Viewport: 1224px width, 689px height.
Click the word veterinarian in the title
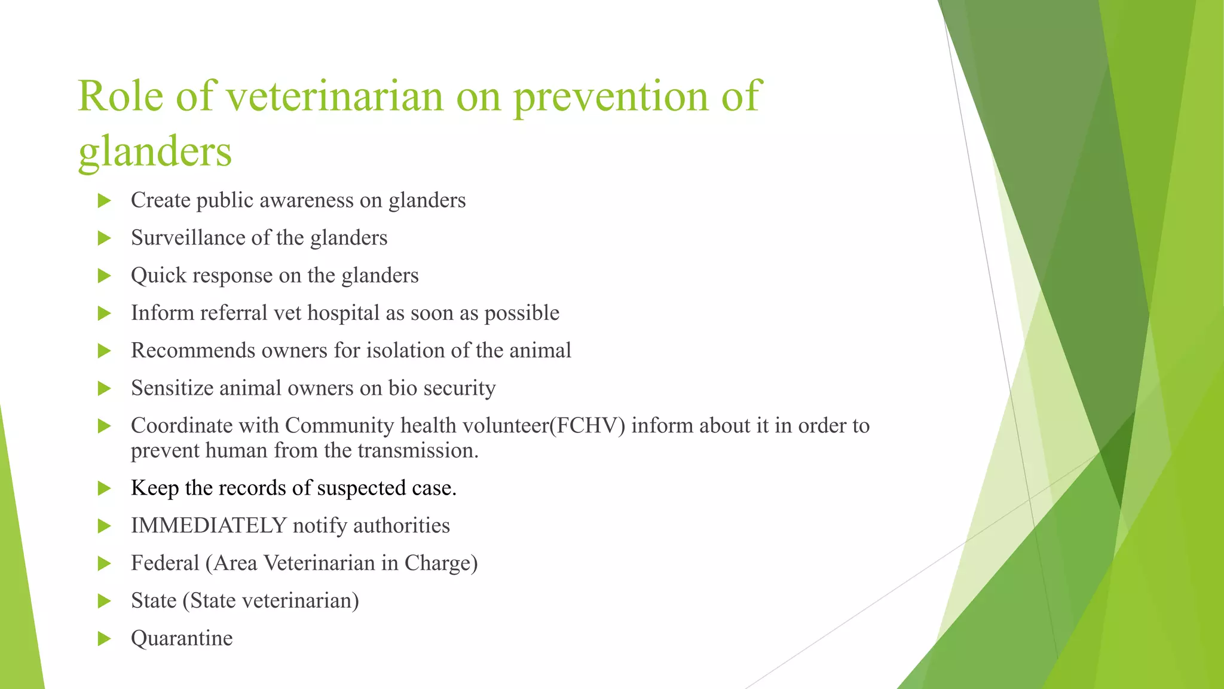click(334, 96)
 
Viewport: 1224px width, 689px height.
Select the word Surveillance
click(188, 238)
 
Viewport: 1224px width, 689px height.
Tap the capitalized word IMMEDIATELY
click(209, 526)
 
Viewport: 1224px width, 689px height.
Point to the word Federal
click(164, 563)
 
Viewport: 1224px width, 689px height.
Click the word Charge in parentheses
click(440, 563)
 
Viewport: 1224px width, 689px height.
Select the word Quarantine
click(182, 638)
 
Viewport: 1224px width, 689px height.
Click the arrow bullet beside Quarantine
click(105, 639)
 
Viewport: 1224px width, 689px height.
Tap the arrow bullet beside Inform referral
click(105, 313)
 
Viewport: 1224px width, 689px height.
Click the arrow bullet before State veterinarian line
click(105, 601)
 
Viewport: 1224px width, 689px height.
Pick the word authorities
click(401, 526)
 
